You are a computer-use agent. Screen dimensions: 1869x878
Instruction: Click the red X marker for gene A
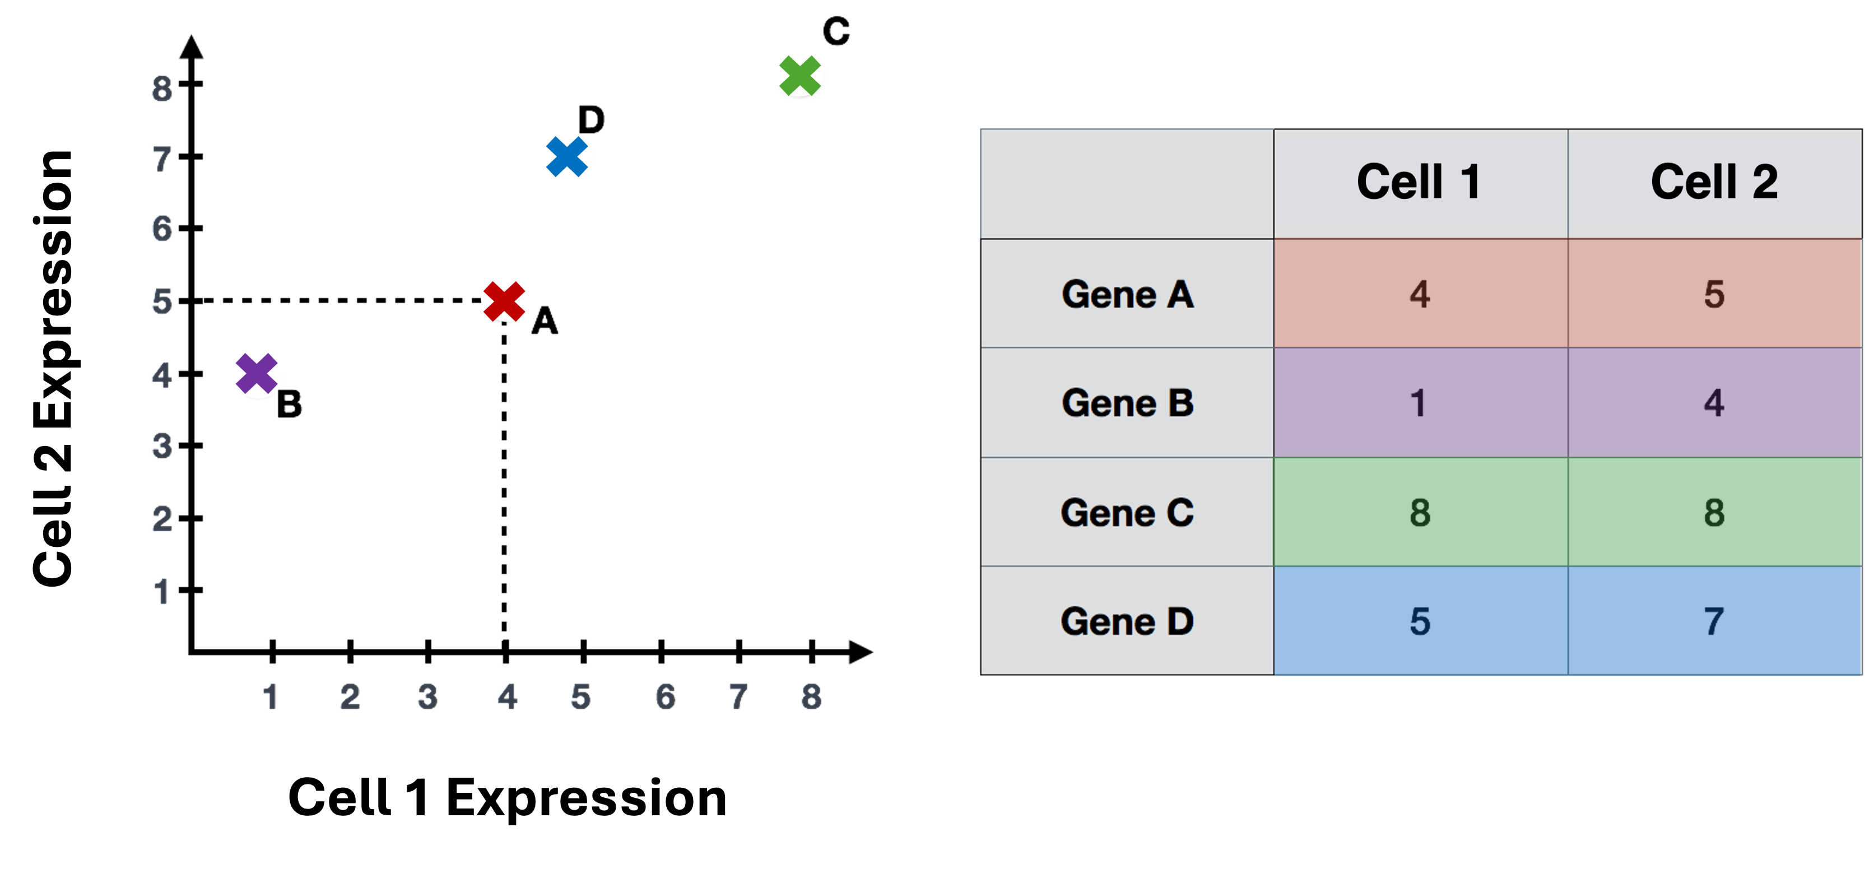[x=504, y=301]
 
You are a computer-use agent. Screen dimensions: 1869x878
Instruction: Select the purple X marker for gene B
[x=257, y=374]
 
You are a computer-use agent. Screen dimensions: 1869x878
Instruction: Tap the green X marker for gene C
[x=799, y=76]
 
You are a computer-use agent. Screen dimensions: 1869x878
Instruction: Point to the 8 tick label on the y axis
[x=162, y=89]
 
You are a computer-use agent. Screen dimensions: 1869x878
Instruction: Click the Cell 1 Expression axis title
[x=507, y=797]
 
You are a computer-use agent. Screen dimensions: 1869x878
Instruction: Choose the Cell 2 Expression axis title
[x=53, y=368]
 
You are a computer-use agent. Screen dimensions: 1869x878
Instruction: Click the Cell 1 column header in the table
[x=1419, y=182]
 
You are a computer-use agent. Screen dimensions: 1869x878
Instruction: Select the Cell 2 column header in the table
[x=1714, y=182]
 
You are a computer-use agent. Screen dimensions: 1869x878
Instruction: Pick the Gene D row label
[x=1127, y=621]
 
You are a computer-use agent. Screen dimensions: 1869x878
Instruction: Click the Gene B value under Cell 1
[x=1419, y=403]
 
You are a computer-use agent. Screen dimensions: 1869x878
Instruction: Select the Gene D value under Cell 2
[x=1714, y=621]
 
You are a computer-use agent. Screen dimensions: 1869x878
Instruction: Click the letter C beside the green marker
[x=836, y=31]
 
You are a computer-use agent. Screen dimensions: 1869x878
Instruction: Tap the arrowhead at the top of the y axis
[x=192, y=47]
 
